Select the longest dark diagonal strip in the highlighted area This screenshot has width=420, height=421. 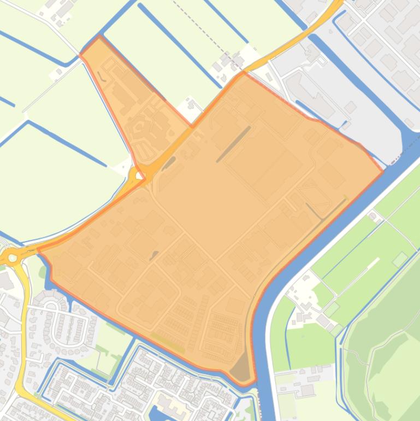click(x=233, y=144)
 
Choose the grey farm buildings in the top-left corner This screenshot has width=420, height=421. click(x=63, y=8)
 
